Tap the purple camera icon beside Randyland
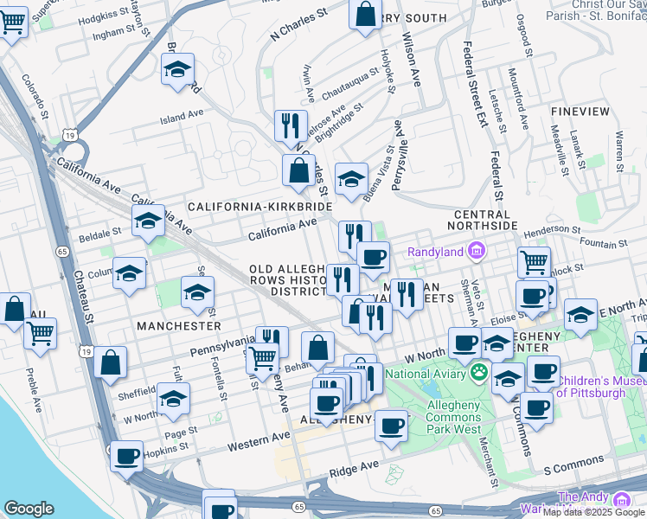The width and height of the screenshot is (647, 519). (475, 252)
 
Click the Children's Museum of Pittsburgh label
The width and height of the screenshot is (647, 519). (602, 387)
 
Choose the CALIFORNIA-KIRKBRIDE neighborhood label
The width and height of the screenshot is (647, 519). (259, 208)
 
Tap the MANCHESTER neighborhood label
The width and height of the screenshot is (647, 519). (179, 326)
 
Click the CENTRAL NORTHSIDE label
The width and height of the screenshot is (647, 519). (480, 220)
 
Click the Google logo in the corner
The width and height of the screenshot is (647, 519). (30, 508)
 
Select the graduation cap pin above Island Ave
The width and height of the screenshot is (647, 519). (178, 68)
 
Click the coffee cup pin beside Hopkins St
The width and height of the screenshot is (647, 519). (127, 455)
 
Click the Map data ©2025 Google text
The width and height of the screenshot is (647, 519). (593, 512)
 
